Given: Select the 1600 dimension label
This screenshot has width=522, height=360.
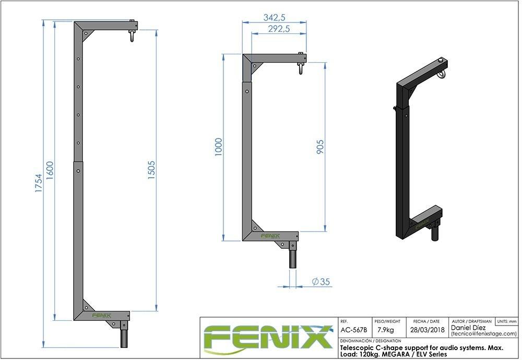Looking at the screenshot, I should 50,170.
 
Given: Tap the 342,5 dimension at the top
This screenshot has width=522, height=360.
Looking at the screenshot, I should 274,17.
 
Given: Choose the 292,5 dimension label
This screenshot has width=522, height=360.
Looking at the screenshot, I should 279,29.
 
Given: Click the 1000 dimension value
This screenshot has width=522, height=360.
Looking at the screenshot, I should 218,147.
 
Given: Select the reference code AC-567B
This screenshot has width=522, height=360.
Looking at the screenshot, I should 353,330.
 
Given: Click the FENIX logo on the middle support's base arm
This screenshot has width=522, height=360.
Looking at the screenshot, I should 270,236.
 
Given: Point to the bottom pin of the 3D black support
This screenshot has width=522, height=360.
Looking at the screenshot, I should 435,233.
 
